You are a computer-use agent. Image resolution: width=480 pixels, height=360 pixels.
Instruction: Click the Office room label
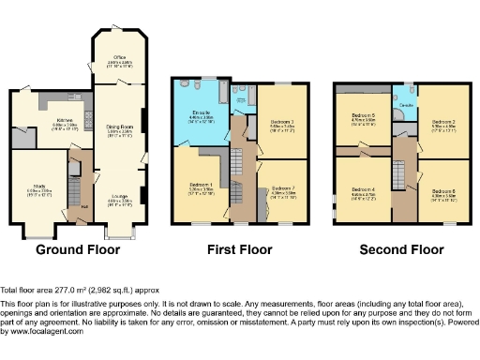pyautogui.click(x=119, y=58)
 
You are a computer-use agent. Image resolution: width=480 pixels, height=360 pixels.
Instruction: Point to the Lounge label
pyautogui.click(x=119, y=195)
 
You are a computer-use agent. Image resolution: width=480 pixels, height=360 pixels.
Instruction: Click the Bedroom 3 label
pyautogui.click(x=282, y=122)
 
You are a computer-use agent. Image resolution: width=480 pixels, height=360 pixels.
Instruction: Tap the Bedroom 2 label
pyautogui.click(x=443, y=121)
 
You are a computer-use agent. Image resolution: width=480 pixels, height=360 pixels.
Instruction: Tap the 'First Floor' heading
pyautogui.click(x=240, y=250)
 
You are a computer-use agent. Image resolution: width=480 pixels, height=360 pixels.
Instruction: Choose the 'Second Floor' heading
pyautogui.click(x=402, y=250)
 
